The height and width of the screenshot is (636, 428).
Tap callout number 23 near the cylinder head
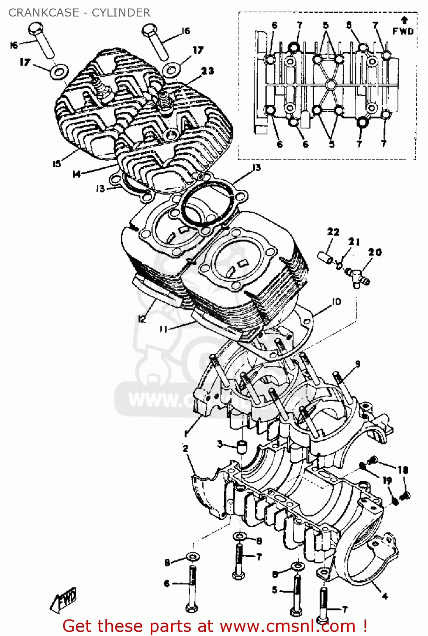207,71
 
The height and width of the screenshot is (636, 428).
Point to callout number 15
57,164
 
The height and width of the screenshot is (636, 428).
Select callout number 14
77,174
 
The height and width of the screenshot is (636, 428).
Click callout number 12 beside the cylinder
141,319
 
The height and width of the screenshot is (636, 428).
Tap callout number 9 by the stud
358,364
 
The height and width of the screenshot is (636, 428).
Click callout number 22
333,232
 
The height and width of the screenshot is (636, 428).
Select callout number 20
375,252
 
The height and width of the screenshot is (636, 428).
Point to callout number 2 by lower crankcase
185,448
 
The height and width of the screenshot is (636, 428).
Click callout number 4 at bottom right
384,596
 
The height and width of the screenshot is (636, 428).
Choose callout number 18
402,470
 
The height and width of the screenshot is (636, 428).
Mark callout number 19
387,480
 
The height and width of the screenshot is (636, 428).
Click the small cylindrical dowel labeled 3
241,446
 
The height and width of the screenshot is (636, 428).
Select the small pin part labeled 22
325,257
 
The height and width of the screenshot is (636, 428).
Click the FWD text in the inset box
403,31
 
